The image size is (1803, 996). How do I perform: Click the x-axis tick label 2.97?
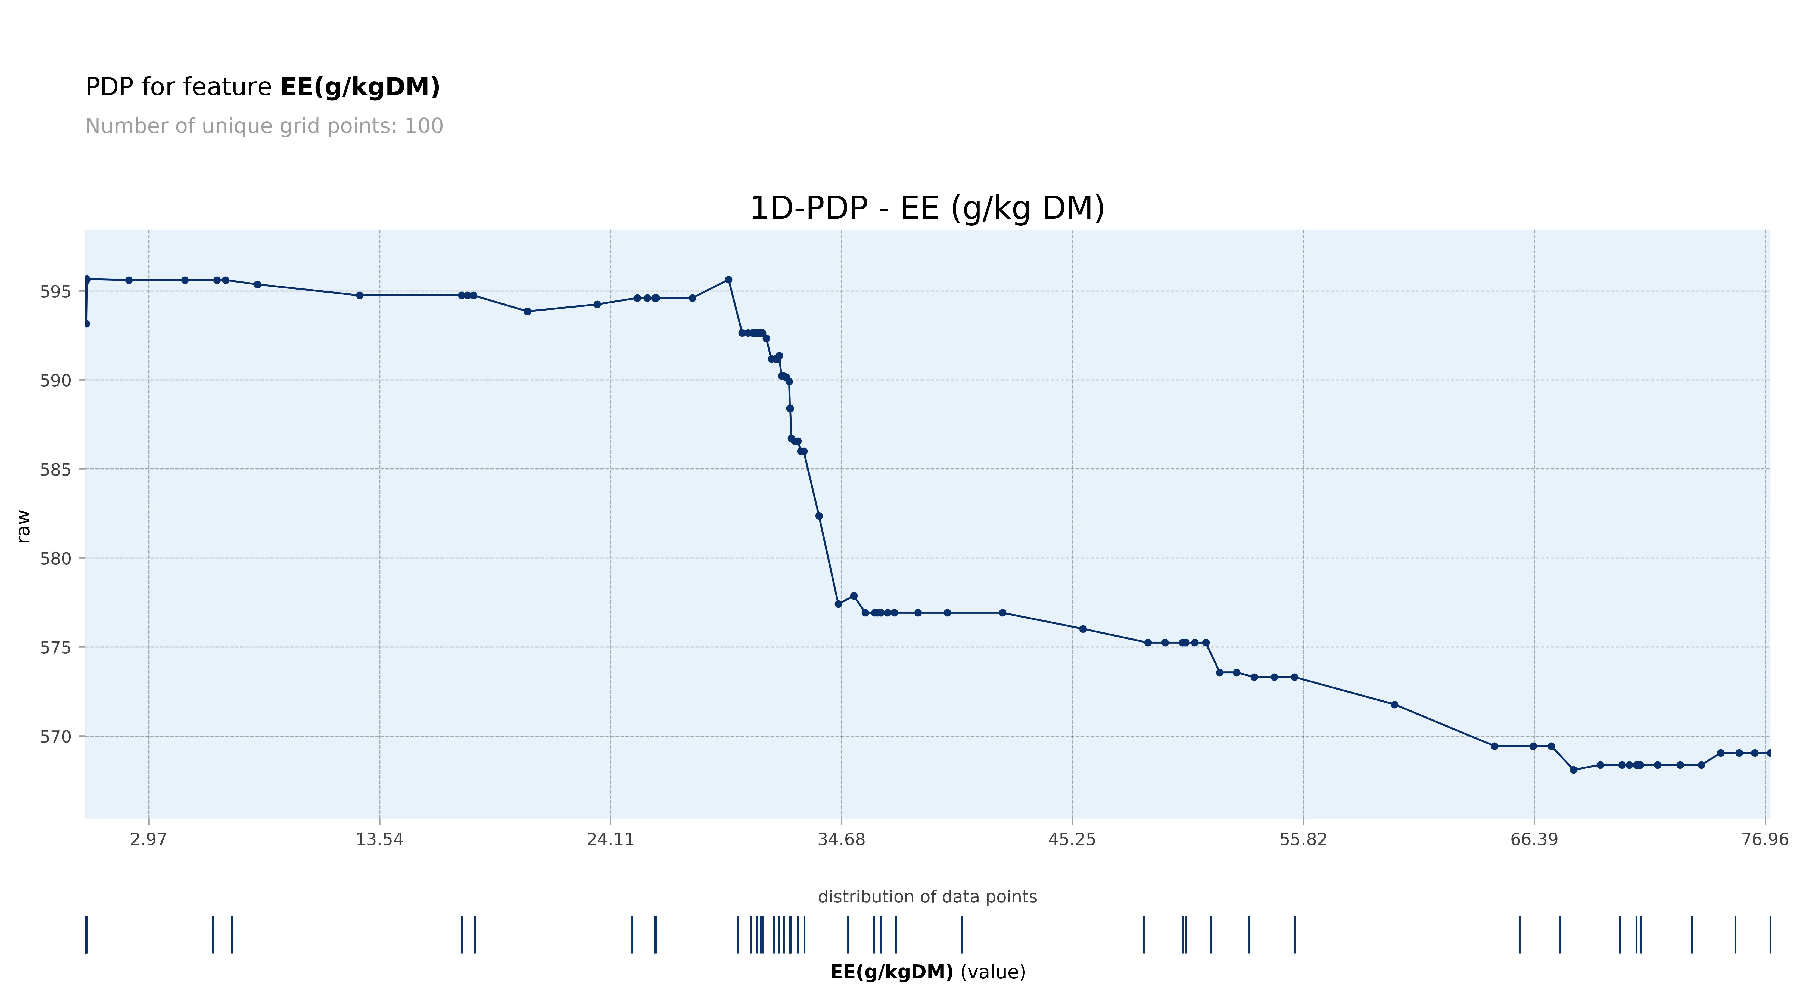pyautogui.click(x=148, y=839)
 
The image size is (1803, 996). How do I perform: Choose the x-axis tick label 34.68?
pyautogui.click(x=841, y=839)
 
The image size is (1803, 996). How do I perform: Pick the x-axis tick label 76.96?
pyautogui.click(x=1764, y=839)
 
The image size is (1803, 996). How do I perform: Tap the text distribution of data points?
pyautogui.click(x=927, y=896)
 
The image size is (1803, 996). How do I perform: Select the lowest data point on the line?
pyautogui.click(x=1573, y=770)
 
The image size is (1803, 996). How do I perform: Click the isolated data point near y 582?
pyautogui.click(x=819, y=516)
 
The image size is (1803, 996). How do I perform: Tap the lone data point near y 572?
pyautogui.click(x=1394, y=705)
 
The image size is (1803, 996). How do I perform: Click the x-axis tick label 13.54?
pyautogui.click(x=379, y=839)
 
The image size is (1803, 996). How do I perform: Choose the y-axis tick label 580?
pyautogui.click(x=55, y=558)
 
